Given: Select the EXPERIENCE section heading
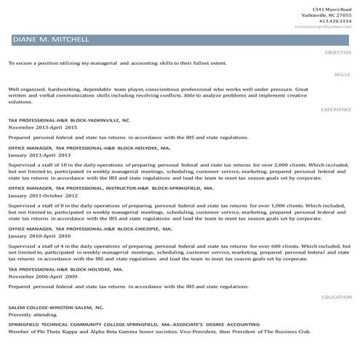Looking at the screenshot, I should point(336,109).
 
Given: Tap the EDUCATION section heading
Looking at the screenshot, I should point(337,297).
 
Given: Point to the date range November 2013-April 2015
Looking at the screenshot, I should point(42,127).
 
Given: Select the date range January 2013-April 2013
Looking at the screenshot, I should point(39,155).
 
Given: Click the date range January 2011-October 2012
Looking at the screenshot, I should point(42,196).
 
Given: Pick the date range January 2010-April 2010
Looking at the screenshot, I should point(39,236).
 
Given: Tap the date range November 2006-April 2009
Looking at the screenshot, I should point(42,276).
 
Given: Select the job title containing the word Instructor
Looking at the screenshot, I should point(111,188).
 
